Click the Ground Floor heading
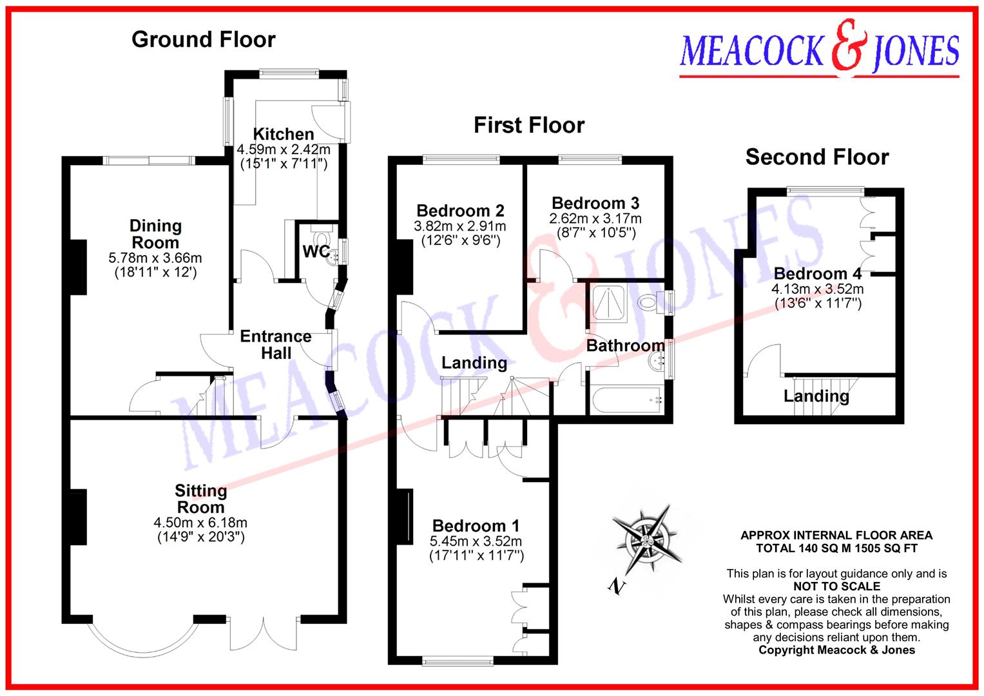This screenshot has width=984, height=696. pos(203,39)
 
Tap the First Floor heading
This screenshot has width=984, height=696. pos(529,125)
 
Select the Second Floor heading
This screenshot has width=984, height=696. pos(816,157)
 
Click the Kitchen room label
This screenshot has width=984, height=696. pos(284,134)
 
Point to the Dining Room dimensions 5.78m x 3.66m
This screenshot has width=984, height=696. pos(155,258)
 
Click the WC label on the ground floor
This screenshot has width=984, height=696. pos(316,251)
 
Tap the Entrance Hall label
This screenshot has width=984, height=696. pos(276,345)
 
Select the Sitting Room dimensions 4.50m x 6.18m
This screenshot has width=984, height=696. pos(200,523)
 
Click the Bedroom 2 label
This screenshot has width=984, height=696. pos(459,211)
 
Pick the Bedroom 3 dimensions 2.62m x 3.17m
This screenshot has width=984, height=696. pos(595,218)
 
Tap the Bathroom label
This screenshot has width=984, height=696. pos(624,346)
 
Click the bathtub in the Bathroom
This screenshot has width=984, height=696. pos(626,400)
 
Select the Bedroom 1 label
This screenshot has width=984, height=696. pos(476,526)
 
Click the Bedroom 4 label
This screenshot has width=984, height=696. pos(817,274)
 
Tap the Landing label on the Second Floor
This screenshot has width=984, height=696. pos(816,396)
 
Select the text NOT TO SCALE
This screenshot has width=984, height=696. pos(836,586)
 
